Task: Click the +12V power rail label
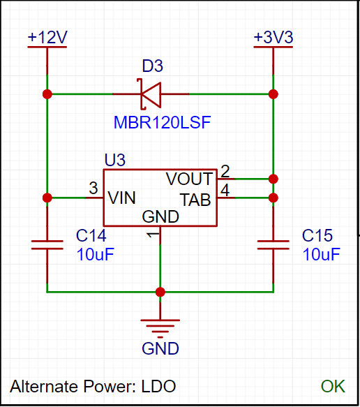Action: click(47, 37)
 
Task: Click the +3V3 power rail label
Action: click(273, 37)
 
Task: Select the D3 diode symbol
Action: click(151, 94)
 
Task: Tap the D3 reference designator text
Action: click(153, 66)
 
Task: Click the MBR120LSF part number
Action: click(162, 122)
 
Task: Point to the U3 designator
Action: click(115, 160)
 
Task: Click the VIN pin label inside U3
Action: click(121, 198)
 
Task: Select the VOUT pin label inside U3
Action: click(189, 179)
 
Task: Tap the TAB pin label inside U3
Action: click(195, 200)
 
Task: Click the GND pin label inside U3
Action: click(160, 216)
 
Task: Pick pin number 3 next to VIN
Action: click(93, 188)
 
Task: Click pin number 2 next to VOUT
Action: click(225, 171)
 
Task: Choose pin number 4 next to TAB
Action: click(225, 190)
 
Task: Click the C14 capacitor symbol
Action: click(47, 245)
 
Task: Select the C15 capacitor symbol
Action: click(273, 245)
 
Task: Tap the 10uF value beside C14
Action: click(96, 254)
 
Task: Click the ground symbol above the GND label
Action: click(160, 328)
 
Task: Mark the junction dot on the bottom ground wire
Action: click(160, 292)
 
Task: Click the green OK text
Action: click(333, 387)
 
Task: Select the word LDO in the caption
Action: click(158, 387)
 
